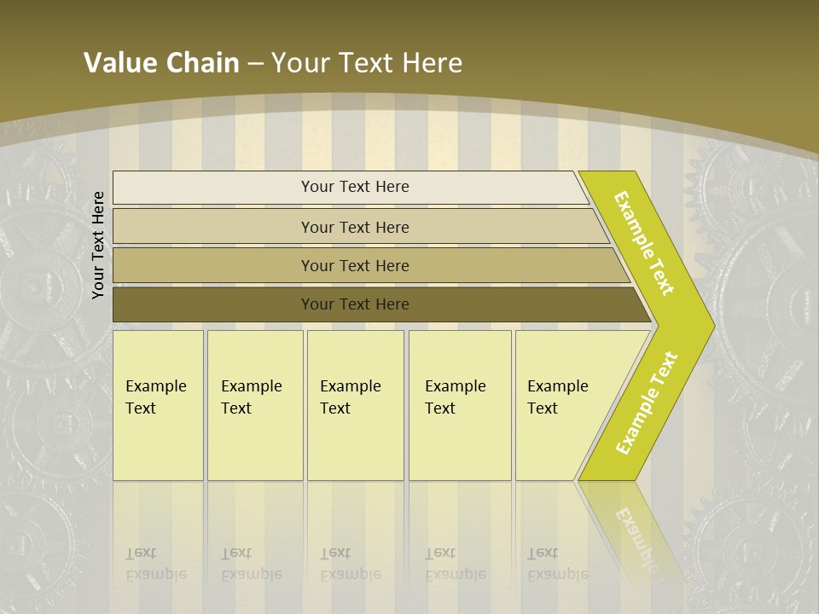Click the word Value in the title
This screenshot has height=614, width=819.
[x=118, y=63]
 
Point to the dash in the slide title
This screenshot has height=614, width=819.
[x=255, y=64]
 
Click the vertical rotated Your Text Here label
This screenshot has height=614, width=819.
[x=98, y=245]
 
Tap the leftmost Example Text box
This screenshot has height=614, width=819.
[x=158, y=405]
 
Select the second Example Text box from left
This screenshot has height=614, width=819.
[x=254, y=405]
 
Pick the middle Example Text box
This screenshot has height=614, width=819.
[x=355, y=405]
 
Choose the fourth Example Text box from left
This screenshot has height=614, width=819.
[x=460, y=405]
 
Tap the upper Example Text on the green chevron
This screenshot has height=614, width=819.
[x=645, y=243]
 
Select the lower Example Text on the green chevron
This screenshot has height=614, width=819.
[x=647, y=403]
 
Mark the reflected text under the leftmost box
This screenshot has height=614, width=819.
[x=155, y=564]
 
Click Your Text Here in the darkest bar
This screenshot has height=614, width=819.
[x=355, y=304]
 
